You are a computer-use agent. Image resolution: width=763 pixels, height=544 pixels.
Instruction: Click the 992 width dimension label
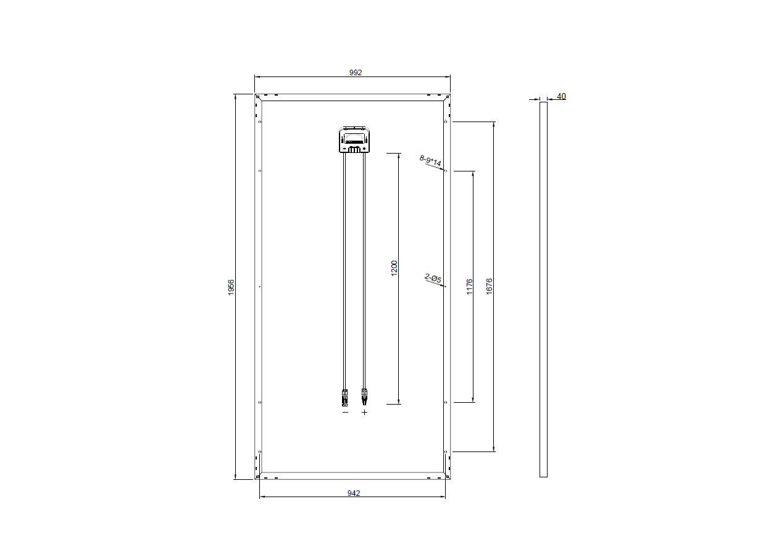pyautogui.click(x=356, y=73)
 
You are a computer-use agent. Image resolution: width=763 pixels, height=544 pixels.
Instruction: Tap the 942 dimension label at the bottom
pyautogui.click(x=354, y=493)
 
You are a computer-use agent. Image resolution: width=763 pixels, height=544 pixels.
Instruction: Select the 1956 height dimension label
pyautogui.click(x=231, y=287)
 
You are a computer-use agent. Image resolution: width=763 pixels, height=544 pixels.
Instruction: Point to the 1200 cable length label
pyautogui.click(x=394, y=268)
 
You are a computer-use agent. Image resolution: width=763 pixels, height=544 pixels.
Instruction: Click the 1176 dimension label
pyautogui.click(x=469, y=287)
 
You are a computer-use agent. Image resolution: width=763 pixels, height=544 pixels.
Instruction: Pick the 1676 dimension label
pyautogui.click(x=489, y=286)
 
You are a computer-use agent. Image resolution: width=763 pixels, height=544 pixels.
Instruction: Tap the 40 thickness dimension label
pyautogui.click(x=561, y=96)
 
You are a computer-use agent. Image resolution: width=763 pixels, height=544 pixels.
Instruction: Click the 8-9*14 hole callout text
pyautogui.click(x=430, y=160)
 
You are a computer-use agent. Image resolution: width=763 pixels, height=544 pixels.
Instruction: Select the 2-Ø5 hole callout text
pyautogui.click(x=433, y=278)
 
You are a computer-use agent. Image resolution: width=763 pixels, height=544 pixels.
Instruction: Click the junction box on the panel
pyautogui.click(x=354, y=139)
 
